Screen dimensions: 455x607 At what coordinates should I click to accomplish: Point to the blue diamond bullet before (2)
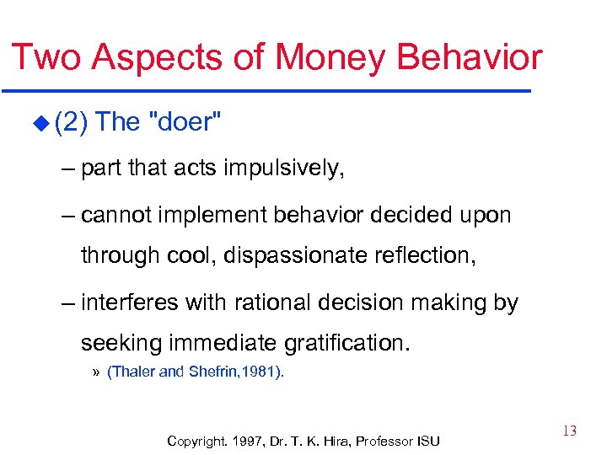[x=43, y=124]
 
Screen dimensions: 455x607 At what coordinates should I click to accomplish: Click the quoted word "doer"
[x=185, y=122]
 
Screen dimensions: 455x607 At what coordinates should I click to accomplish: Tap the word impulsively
[x=284, y=169]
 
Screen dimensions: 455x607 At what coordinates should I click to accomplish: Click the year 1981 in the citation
[x=265, y=372]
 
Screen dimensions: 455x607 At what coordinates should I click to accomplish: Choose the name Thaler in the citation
[x=133, y=372]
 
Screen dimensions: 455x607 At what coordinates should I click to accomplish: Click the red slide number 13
[x=569, y=431]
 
